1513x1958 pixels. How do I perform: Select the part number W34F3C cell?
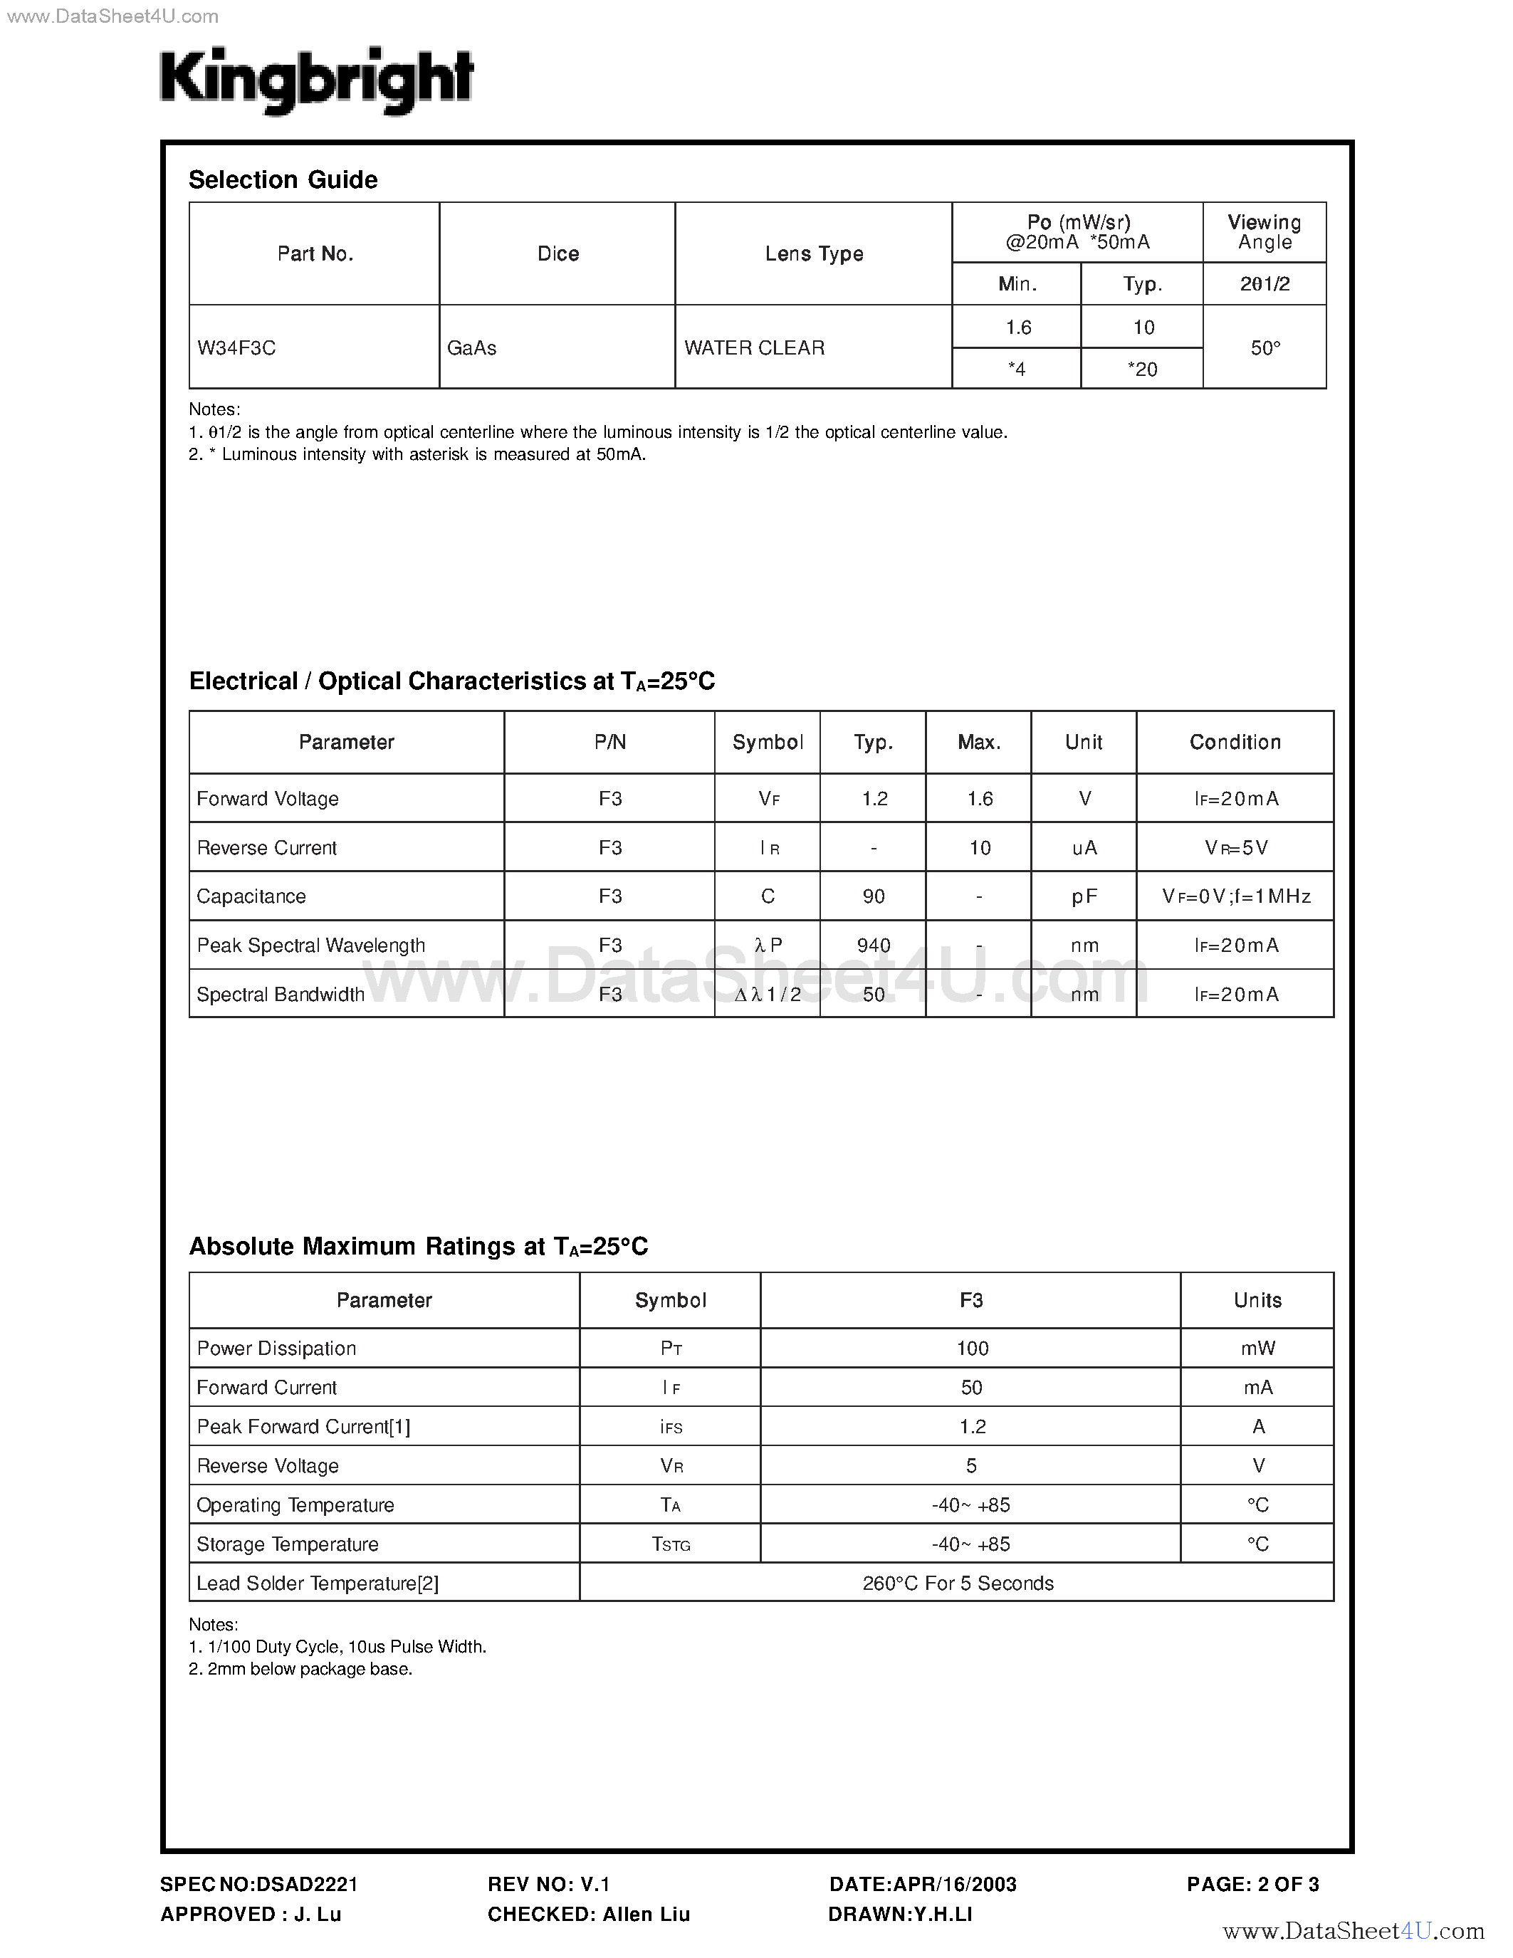pyautogui.click(x=236, y=348)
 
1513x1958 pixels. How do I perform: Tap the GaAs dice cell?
pyautogui.click(x=471, y=348)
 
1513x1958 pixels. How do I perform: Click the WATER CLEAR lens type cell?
pyautogui.click(x=754, y=348)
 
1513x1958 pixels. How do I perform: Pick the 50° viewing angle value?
pyautogui.click(x=1265, y=348)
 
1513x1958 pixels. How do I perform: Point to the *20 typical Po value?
pyautogui.click(x=1142, y=370)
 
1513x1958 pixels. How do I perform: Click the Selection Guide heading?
pyautogui.click(x=283, y=180)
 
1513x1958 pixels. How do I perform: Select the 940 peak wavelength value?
pyautogui.click(x=873, y=946)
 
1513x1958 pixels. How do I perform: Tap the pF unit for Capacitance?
pyautogui.click(x=1084, y=896)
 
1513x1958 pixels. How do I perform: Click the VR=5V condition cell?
pyautogui.click(x=1235, y=848)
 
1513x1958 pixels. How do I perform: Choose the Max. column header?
pyautogui.click(x=979, y=743)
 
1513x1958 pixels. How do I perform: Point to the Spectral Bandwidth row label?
pyautogui.click(x=281, y=994)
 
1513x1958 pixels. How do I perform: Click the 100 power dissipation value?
pyautogui.click(x=972, y=1349)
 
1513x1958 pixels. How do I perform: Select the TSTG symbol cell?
pyautogui.click(x=671, y=1544)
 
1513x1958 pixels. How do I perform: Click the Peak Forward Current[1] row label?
pyautogui.click(x=303, y=1426)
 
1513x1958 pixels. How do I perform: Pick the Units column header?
pyautogui.click(x=1257, y=1300)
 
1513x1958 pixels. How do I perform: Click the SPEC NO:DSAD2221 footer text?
pyautogui.click(x=259, y=1885)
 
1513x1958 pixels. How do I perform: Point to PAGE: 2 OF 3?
pyautogui.click(x=1252, y=1885)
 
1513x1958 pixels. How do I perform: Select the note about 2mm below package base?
pyautogui.click(x=300, y=1670)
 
